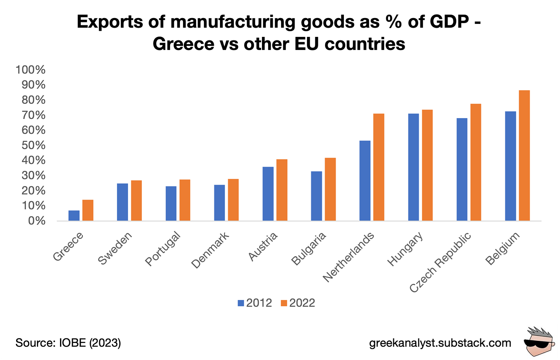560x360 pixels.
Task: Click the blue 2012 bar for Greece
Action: pyautogui.click(x=74, y=215)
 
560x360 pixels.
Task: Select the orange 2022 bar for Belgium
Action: pyautogui.click(x=524, y=155)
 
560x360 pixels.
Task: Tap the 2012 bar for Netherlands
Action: pyautogui.click(x=365, y=181)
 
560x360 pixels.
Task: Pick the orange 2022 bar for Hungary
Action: pyautogui.click(x=427, y=165)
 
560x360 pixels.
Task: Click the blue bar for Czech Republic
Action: pyautogui.click(x=462, y=169)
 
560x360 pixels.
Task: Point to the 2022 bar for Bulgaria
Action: pyautogui.click(x=330, y=189)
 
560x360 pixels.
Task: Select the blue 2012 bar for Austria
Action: pyautogui.click(x=268, y=194)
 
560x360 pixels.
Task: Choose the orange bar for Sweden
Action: pyautogui.click(x=136, y=200)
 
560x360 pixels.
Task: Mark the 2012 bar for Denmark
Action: pyautogui.click(x=220, y=203)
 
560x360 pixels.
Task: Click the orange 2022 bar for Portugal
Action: pyautogui.click(x=185, y=200)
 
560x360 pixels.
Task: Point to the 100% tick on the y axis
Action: pyautogui.click(x=30, y=70)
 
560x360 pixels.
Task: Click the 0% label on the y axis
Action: pyautogui.click(x=37, y=221)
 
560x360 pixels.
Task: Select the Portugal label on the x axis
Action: pyautogui.click(x=163, y=249)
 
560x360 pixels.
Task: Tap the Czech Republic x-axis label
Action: pyautogui.click(x=440, y=262)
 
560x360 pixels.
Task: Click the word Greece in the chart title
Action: pyautogui.click(x=183, y=44)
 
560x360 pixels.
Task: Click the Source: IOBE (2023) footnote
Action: pyautogui.click(x=68, y=343)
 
